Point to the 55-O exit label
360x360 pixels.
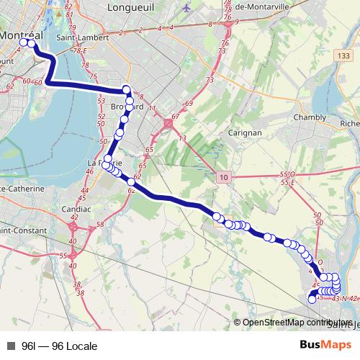coord(288,174)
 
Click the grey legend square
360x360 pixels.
coord(11,346)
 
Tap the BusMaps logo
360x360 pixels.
coord(330,346)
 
